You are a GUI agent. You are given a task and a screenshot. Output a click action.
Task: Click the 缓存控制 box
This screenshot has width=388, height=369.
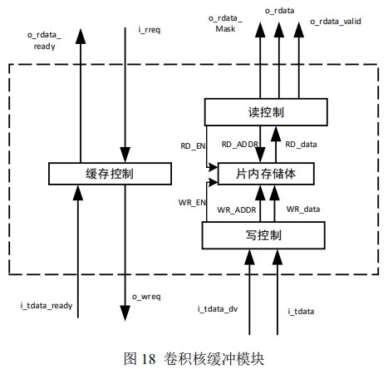tap(110, 174)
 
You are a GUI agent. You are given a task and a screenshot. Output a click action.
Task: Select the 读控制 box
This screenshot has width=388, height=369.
tap(266, 112)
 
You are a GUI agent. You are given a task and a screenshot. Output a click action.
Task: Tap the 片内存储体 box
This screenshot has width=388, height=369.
tap(266, 174)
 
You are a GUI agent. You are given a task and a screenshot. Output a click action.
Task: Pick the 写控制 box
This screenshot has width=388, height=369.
tap(263, 235)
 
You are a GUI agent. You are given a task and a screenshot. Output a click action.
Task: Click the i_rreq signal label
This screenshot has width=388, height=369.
tap(150, 30)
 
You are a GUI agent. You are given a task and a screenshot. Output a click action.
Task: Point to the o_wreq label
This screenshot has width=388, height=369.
tap(146, 297)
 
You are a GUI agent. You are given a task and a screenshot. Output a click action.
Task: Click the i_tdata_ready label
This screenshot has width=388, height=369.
tap(47, 306)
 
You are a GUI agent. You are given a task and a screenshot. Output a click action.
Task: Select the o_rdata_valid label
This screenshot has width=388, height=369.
tap(336, 22)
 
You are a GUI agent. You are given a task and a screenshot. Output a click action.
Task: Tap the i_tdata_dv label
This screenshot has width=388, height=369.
tap(218, 309)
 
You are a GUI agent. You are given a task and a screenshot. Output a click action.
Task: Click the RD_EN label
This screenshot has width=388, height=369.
tap(193, 146)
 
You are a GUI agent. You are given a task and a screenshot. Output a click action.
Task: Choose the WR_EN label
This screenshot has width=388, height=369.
tap(192, 203)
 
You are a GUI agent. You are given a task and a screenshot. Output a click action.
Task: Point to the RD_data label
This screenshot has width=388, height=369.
tap(301, 145)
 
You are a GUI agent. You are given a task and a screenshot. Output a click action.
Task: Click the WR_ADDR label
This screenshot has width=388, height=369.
tap(237, 210)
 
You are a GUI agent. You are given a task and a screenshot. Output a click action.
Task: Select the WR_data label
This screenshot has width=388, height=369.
tap(303, 209)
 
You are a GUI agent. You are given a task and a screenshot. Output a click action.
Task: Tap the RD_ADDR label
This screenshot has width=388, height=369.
tap(240, 145)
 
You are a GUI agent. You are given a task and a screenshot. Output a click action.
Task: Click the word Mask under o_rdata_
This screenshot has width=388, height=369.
tap(225, 29)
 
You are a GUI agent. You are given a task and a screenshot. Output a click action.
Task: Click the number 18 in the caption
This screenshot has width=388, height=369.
tap(149, 359)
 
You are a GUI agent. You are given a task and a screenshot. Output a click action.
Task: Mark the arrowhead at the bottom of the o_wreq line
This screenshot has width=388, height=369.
tap(125, 313)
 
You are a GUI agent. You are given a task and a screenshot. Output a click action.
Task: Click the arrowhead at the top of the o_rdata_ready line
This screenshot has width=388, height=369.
tap(81, 36)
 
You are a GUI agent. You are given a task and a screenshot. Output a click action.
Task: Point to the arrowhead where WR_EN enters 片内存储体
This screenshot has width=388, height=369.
tap(213, 182)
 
